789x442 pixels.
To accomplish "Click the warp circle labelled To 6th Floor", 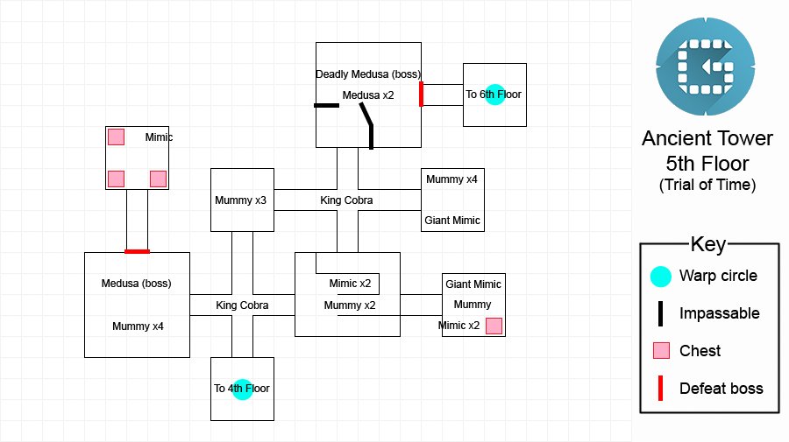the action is click(494, 95).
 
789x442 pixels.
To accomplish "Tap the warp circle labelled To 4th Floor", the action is click(242, 389).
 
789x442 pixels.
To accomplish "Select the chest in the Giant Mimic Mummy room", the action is click(494, 326).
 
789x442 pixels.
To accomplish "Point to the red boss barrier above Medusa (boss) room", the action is click(137, 251).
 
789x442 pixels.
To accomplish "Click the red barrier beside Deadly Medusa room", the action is click(421, 95).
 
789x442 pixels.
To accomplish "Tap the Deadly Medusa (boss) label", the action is click(368, 74).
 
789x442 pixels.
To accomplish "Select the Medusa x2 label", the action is click(368, 95).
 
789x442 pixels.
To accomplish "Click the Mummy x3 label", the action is click(240, 200).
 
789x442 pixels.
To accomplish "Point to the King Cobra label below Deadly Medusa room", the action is click(346, 200).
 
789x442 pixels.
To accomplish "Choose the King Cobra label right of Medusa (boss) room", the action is click(242, 305).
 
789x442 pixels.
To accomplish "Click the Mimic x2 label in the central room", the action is click(350, 284).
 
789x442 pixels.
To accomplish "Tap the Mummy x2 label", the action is click(350, 305).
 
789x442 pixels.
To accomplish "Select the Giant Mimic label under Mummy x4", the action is click(451, 220).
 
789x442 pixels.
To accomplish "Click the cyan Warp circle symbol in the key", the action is click(661, 277).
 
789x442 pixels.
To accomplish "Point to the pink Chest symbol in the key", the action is click(661, 351).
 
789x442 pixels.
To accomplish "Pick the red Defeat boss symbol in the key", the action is click(660, 389).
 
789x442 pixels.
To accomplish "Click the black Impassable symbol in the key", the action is click(660, 313).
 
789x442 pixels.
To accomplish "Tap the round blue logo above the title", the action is click(706, 67).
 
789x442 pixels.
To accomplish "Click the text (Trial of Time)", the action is click(707, 185).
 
